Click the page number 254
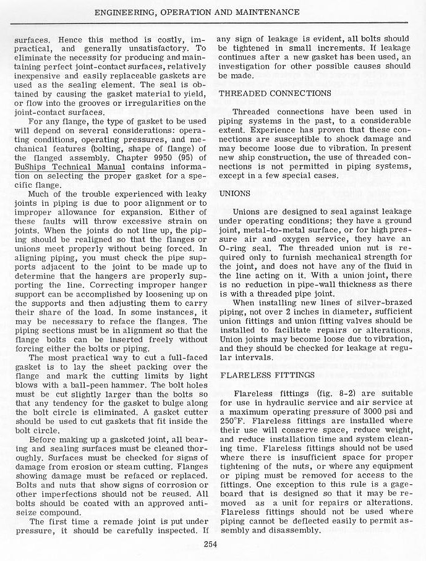pyautogui.click(x=213, y=544)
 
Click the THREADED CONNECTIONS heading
pyautogui.click(x=270, y=93)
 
